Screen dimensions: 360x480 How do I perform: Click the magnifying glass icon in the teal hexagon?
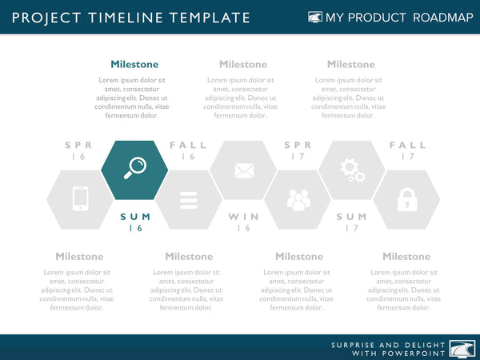pos(134,167)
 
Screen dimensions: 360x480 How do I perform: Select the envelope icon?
pos(243,170)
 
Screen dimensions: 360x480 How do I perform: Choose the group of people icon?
pos(298,199)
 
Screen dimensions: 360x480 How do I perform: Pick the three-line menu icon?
pos(189,199)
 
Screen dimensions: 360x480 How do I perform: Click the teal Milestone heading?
pos(134,65)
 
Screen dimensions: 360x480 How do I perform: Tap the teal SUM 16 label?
pos(134,222)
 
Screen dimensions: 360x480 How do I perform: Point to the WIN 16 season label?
pos(243,222)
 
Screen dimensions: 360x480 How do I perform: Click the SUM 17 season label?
pos(352,222)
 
